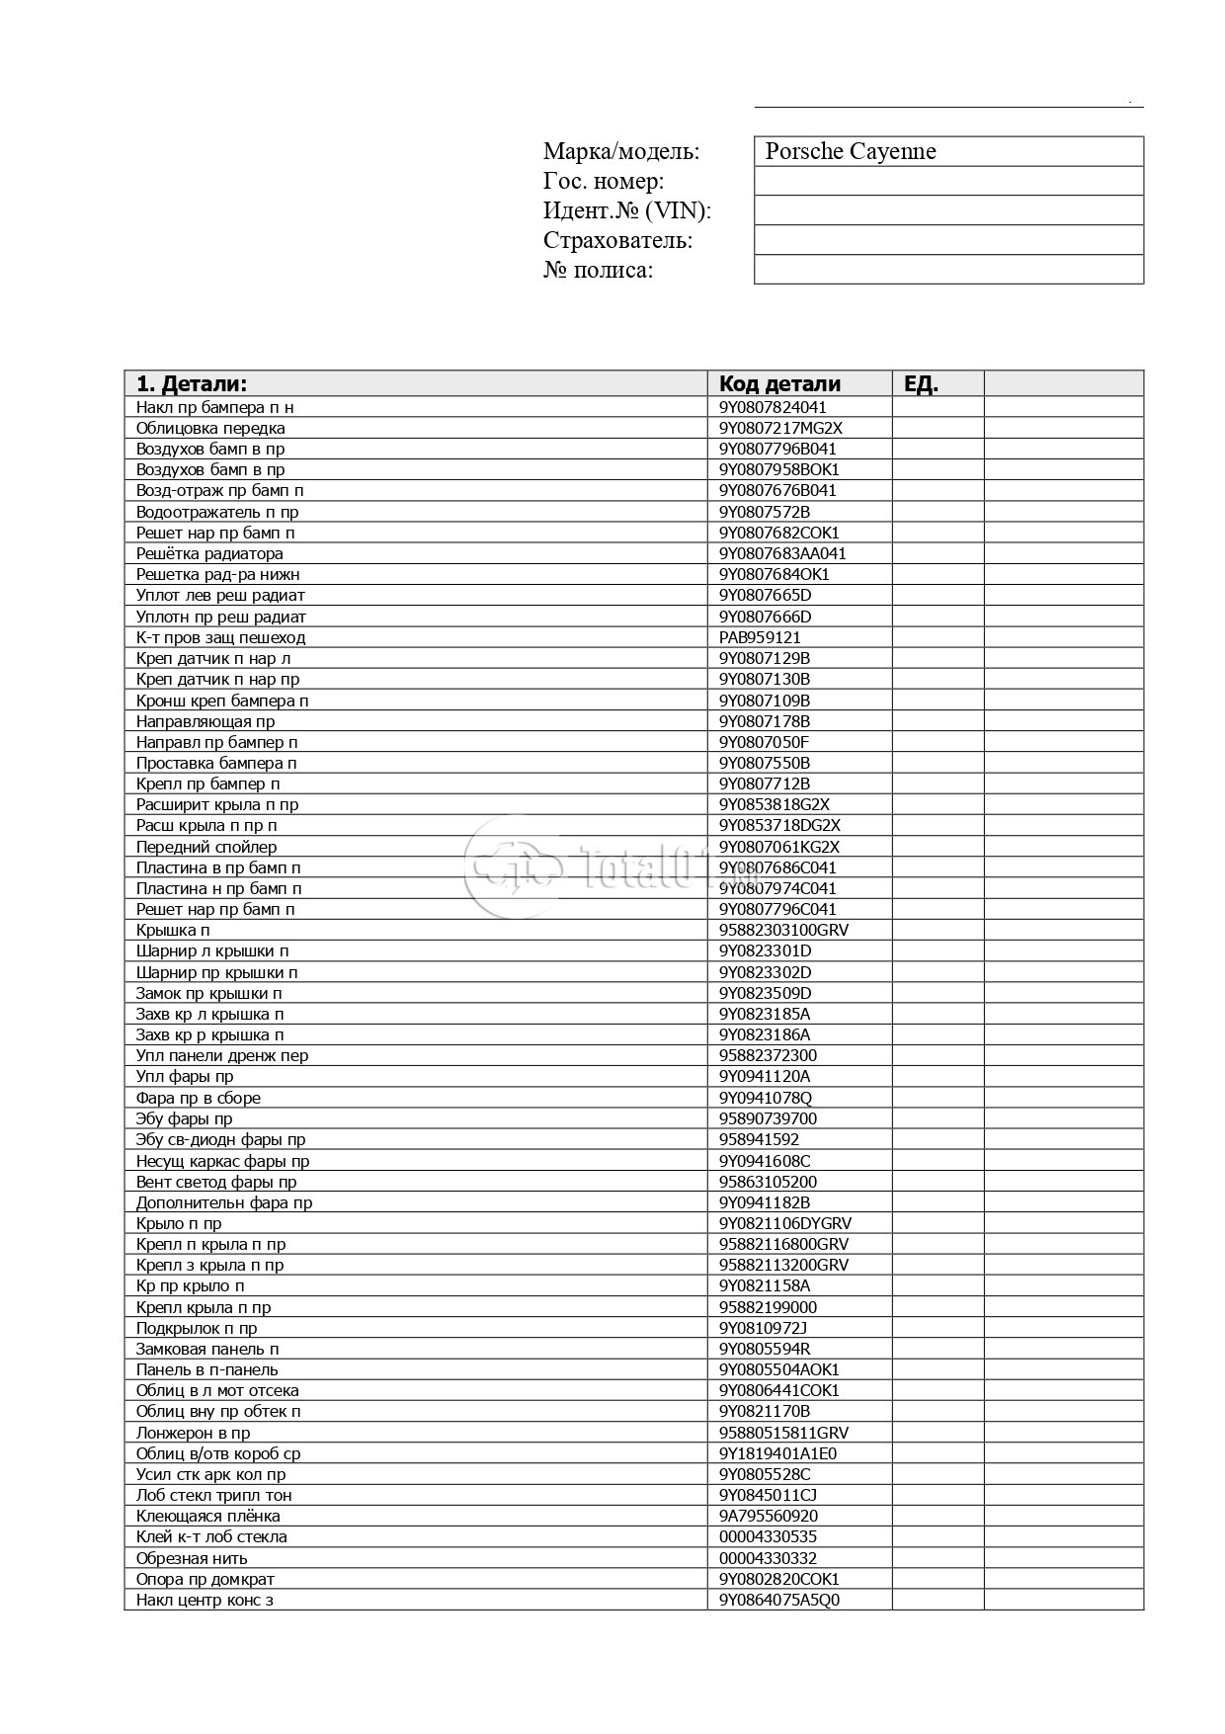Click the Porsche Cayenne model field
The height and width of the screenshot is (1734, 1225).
pos(947,151)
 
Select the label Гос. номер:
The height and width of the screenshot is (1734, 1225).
pos(604,181)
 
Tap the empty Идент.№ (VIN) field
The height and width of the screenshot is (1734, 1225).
pos(947,210)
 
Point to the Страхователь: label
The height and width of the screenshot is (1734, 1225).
pos(617,240)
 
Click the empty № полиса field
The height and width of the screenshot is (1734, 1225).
pos(947,270)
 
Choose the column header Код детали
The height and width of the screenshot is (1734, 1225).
pos(779,384)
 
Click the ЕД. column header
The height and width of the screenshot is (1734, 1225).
pos(921,384)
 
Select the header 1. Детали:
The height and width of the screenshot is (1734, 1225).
pos(192,384)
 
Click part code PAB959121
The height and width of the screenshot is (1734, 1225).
pos(760,637)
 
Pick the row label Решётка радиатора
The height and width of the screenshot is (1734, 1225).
pos(209,553)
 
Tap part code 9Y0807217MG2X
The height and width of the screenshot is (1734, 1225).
pos(780,428)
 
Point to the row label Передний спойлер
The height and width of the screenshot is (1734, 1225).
pos(206,847)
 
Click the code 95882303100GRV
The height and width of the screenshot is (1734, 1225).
pos(783,930)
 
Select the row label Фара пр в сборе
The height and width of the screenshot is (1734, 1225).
pos(199,1098)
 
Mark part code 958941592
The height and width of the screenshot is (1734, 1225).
pos(759,1139)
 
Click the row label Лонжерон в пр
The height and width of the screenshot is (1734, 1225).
pos(193,1433)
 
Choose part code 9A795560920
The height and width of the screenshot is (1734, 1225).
pos(768,1516)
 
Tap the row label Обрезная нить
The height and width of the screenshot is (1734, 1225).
pos(192,1558)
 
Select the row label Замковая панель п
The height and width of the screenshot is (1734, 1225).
pos(207,1349)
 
